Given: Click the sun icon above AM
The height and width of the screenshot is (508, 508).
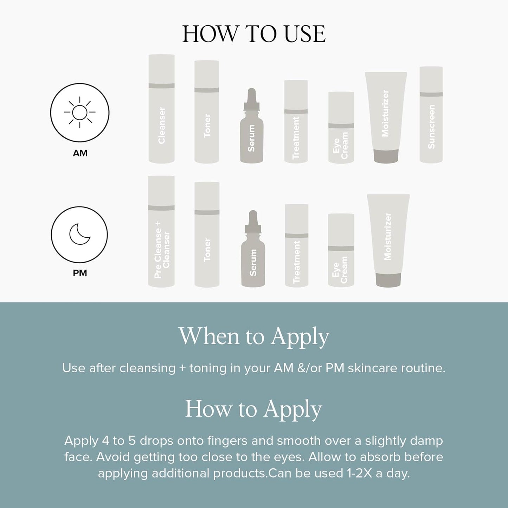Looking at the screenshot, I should [79, 112].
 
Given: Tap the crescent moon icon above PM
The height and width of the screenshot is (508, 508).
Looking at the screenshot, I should [79, 234].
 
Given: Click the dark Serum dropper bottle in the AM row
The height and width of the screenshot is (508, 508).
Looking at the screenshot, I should [251, 130].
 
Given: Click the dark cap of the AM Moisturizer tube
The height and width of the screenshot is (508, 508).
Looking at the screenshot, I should [386, 156].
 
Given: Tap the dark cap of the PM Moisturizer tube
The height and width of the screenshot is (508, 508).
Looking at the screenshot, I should [388, 280].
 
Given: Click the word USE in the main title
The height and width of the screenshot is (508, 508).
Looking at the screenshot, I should [304, 34].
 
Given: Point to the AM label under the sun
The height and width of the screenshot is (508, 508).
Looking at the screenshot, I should [80, 153].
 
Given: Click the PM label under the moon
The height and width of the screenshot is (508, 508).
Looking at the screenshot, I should [80, 273].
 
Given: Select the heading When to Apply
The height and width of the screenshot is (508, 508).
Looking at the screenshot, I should [254, 336].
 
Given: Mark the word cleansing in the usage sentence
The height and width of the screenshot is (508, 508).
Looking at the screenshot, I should [147, 368].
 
